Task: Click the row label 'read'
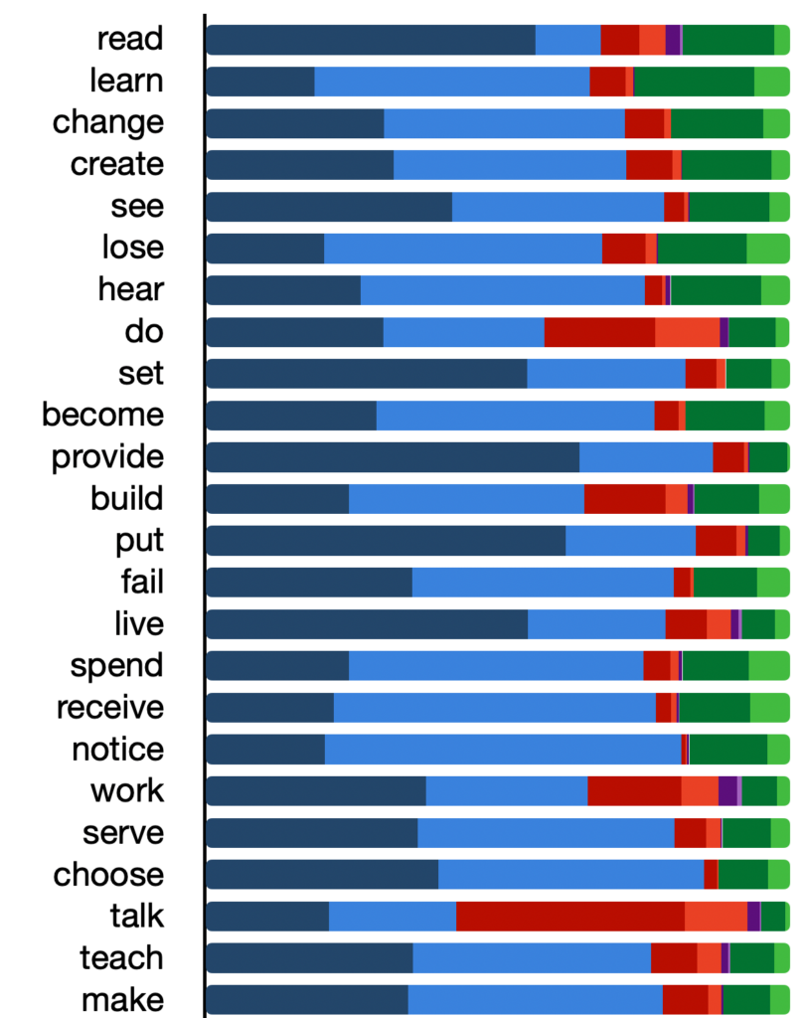[130, 39]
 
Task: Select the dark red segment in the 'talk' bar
[570, 916]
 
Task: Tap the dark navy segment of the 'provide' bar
[393, 456]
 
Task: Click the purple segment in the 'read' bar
[673, 39]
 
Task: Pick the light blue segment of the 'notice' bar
[503, 749]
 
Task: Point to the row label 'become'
[103, 415]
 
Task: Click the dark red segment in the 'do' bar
[599, 331]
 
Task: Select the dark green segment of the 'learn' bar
[694, 81]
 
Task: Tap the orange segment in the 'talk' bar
[716, 916]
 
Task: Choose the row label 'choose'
[108, 874]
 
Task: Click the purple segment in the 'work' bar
[727, 790]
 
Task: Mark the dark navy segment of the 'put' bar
[386, 540]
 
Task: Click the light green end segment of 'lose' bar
[767, 248]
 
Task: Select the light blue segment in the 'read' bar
[567, 39]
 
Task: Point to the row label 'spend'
[117, 665]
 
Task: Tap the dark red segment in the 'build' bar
[624, 498]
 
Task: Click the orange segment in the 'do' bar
[687, 331]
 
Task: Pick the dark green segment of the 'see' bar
[728, 206]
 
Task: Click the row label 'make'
[123, 999]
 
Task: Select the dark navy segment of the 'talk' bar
[267, 916]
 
